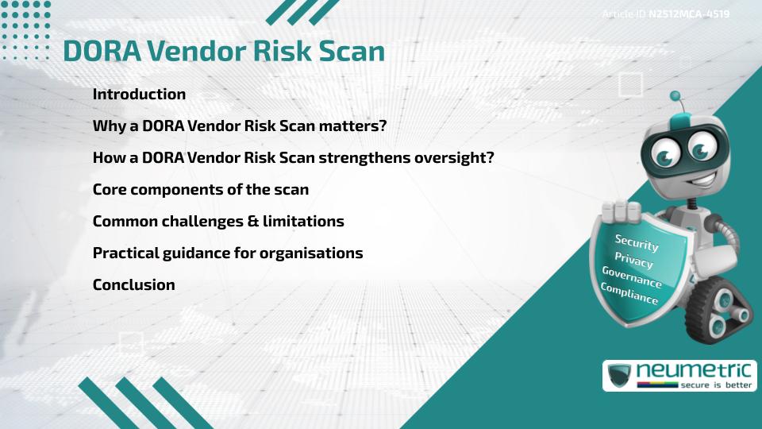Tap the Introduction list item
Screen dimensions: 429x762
tap(139, 94)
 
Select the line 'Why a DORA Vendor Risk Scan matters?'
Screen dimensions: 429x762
tap(239, 126)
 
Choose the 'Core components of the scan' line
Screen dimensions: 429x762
tap(200, 189)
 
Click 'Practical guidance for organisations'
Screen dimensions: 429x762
tap(227, 253)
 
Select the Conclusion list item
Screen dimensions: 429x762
tap(133, 284)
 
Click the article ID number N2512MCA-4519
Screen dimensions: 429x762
tap(688, 14)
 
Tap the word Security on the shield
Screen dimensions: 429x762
tap(636, 242)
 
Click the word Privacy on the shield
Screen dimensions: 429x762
tap(633, 259)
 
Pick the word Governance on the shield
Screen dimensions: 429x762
tap(632, 276)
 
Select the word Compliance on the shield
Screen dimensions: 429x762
tap(629, 293)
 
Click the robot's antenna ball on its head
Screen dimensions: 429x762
tap(675, 96)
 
